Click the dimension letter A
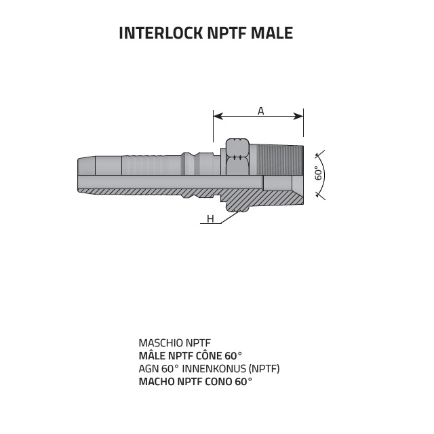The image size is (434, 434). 261,110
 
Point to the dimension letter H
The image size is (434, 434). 210,219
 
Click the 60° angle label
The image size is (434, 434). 317,174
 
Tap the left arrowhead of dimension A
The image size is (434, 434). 217,117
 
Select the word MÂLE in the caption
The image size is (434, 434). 153,356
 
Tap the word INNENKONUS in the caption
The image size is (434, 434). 216,369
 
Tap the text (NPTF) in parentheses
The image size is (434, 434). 264,369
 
